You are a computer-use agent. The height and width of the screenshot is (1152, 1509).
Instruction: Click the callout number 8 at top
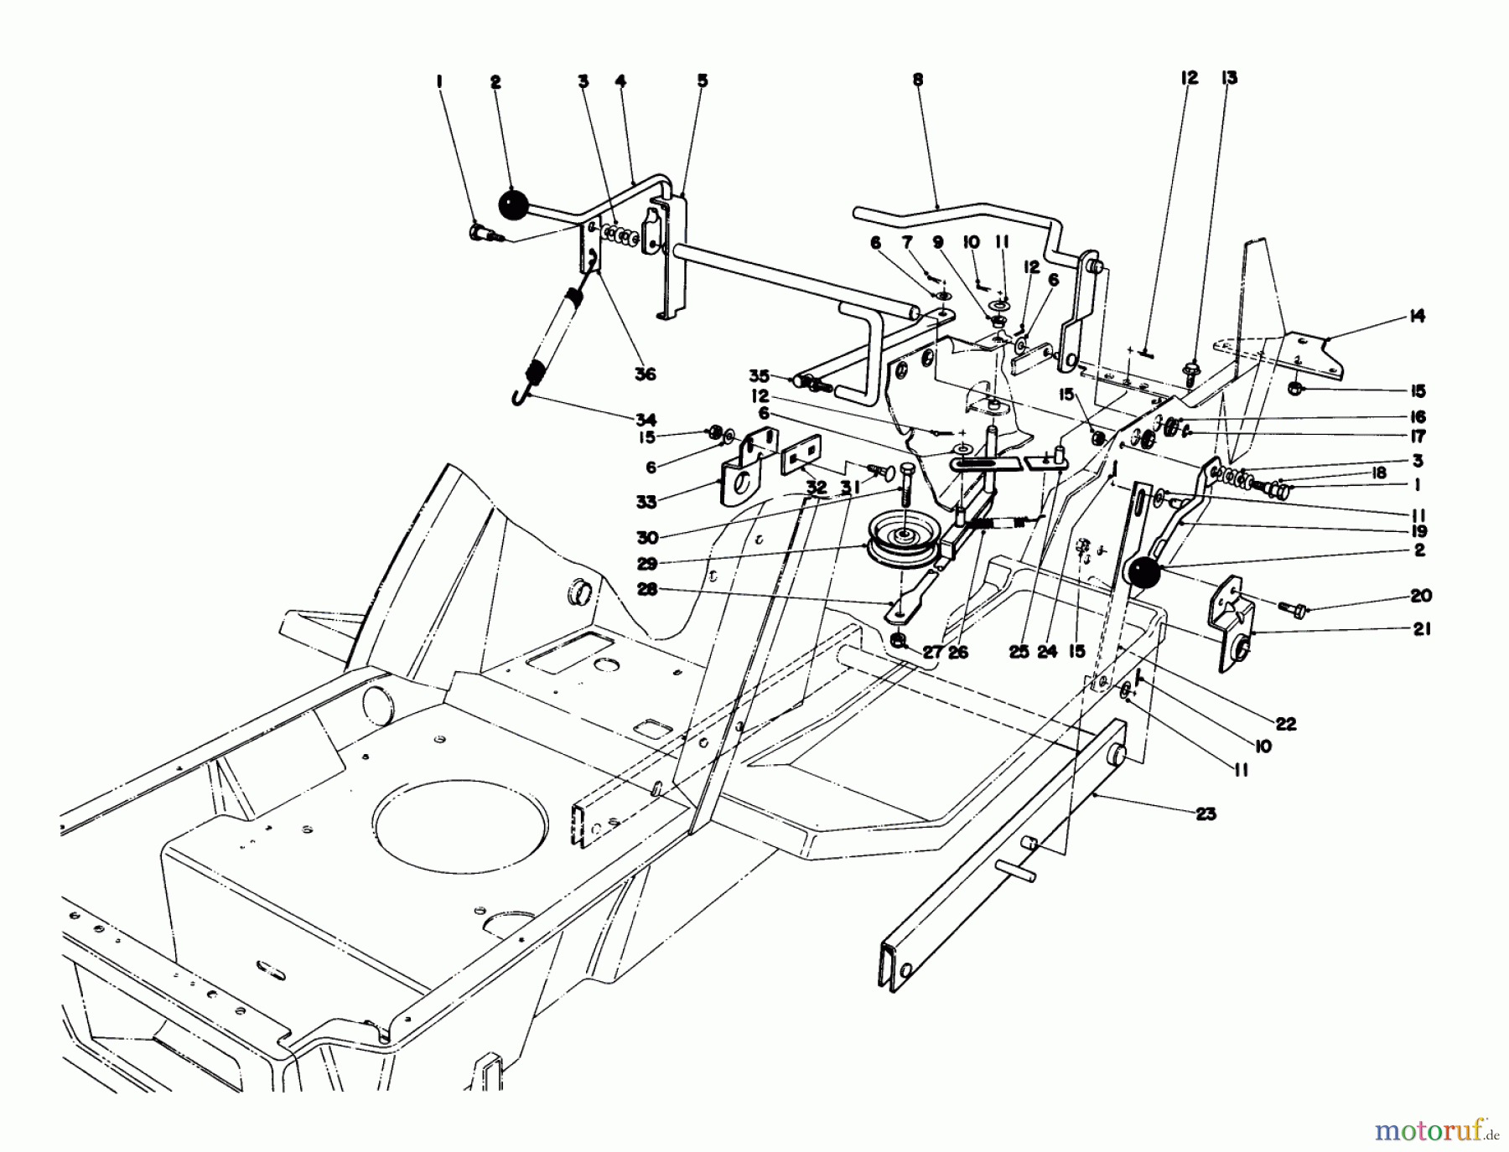point(917,80)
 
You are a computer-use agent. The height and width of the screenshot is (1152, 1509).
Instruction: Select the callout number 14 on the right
point(1417,317)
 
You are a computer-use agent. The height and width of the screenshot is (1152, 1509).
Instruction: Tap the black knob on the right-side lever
point(1143,576)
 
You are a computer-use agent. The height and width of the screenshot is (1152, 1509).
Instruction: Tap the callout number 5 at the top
point(703,81)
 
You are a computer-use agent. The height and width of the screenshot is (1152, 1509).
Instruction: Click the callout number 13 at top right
point(1229,78)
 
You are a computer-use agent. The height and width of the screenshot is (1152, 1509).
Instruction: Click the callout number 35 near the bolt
point(760,376)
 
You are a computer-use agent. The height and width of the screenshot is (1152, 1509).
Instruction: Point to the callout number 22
point(1286,724)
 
